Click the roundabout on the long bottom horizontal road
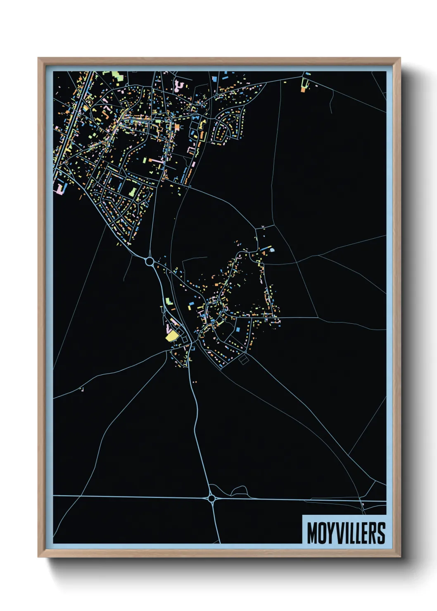click(212, 499)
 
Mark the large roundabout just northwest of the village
click(150, 261)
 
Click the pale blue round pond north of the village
click(272, 249)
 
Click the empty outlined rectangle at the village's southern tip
click(244, 360)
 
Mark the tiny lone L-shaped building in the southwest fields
click(82, 388)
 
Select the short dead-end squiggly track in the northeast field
click(331, 102)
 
